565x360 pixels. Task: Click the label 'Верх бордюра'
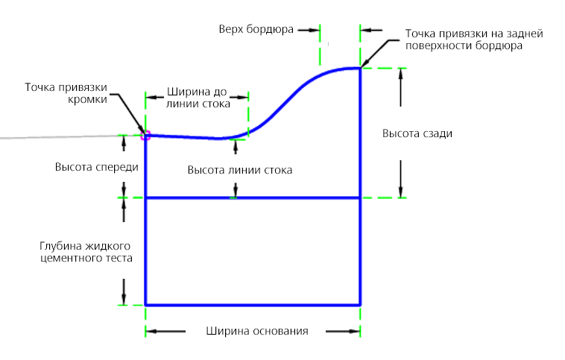[x=256, y=30]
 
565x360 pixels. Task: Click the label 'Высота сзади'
[x=417, y=133]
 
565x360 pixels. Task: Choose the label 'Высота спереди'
[x=97, y=167]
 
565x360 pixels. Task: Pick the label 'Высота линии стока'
[x=239, y=170]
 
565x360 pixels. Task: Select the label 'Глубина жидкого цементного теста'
[x=87, y=251]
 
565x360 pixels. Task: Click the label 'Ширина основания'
[x=256, y=331]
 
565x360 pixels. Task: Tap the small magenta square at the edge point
[x=145, y=135]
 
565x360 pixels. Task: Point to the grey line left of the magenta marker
[x=60, y=136]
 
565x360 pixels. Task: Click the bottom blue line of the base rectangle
[x=253, y=305]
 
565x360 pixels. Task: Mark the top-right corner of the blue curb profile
[x=361, y=69]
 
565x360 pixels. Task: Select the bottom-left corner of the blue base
[x=145, y=305]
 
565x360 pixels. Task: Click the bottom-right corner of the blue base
[x=361, y=305]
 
